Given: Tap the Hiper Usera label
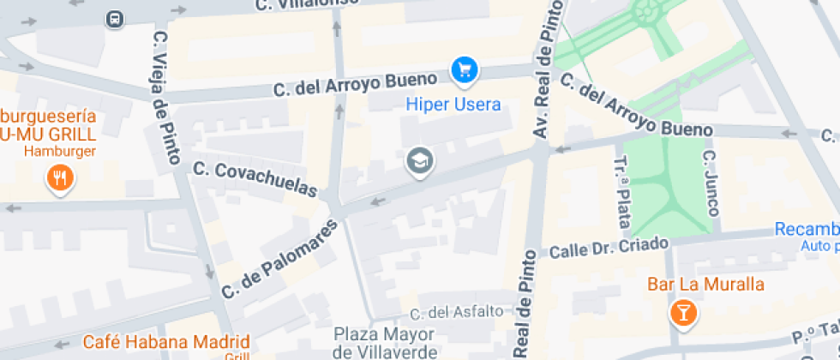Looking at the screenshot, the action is [x=453, y=105].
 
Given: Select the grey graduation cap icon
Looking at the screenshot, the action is [x=419, y=160].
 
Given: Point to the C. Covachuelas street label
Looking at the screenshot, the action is [x=255, y=179].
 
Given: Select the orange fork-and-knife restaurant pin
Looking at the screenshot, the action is [x=59, y=178].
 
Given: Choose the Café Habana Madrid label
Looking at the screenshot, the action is [x=166, y=340].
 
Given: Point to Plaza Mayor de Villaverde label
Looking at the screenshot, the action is [x=385, y=342].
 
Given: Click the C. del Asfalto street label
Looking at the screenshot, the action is [x=456, y=312].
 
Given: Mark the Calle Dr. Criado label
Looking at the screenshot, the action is [x=608, y=249].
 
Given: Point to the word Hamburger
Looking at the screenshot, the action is [x=59, y=151].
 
